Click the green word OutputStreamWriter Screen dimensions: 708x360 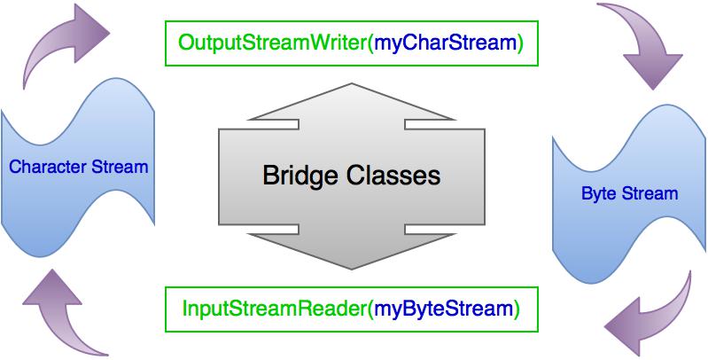(x=273, y=43)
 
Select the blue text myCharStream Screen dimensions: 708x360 (x=446, y=43)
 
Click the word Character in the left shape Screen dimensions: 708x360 (x=49, y=167)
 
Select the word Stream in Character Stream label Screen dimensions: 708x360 (x=121, y=167)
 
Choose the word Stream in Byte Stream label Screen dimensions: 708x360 (x=650, y=194)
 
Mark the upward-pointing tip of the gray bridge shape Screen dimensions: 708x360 (x=352, y=83)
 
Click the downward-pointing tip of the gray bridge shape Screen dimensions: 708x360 (x=352, y=270)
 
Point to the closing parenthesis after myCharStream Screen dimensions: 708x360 (x=520, y=43)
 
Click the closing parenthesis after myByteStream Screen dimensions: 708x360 (x=517, y=309)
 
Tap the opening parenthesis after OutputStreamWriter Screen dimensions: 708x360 (x=371, y=43)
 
